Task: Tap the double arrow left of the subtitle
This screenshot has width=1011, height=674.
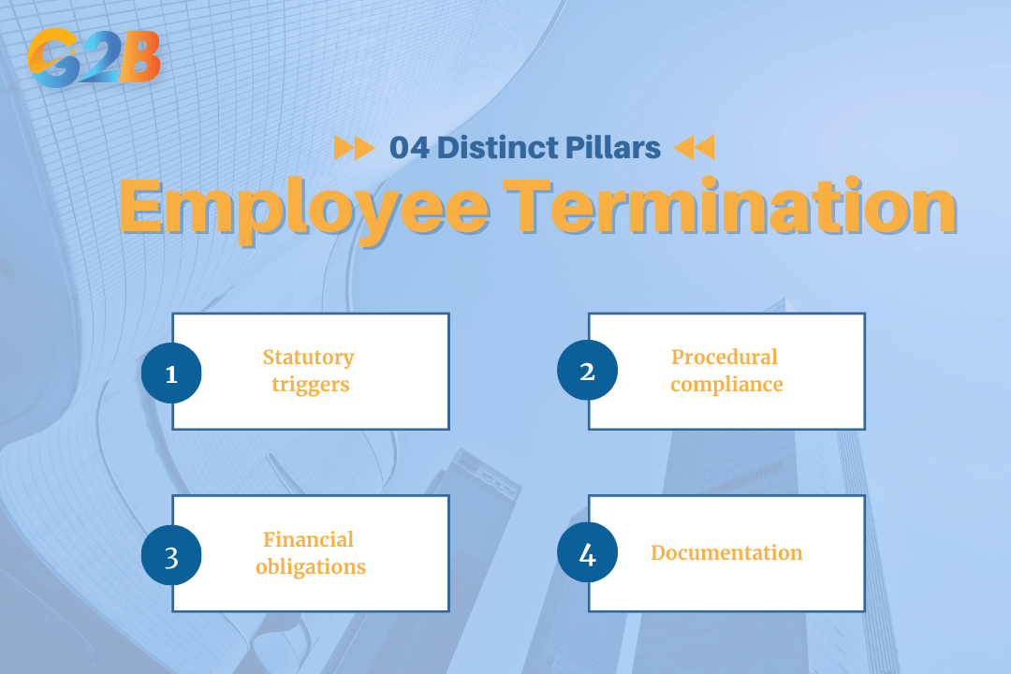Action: [x=355, y=148]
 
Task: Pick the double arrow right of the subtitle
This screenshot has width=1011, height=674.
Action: [x=694, y=148]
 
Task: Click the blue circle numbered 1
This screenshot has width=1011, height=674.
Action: [x=171, y=373]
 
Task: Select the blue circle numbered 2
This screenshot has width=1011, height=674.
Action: [x=587, y=371]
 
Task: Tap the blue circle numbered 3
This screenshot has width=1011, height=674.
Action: [x=171, y=555]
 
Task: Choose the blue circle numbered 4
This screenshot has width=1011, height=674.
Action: [x=587, y=553]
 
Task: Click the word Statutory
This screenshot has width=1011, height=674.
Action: [x=308, y=358]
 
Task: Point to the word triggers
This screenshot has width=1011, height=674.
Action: [x=310, y=385]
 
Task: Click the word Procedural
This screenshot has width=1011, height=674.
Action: [x=725, y=358]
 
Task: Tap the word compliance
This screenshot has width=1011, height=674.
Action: [x=726, y=385]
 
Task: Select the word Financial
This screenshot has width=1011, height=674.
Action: [x=308, y=540]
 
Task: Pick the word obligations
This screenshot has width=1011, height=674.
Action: [x=310, y=567]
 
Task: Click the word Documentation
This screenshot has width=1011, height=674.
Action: [x=726, y=553]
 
